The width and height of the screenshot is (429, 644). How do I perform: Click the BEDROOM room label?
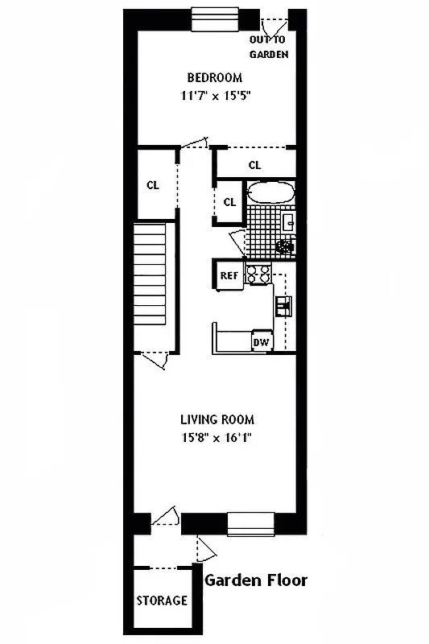click(x=214, y=78)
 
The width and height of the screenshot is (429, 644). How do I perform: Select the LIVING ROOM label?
click(x=217, y=419)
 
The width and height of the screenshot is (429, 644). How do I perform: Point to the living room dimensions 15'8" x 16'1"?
click(x=217, y=439)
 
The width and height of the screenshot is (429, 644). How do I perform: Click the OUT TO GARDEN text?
click(x=268, y=47)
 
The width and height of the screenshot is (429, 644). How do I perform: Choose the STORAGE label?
click(x=162, y=601)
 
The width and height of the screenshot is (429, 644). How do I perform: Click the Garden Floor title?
click(x=256, y=580)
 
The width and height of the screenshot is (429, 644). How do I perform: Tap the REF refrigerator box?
click(x=229, y=275)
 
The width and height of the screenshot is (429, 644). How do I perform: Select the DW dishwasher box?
click(x=261, y=342)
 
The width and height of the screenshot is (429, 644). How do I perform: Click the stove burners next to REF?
click(x=258, y=274)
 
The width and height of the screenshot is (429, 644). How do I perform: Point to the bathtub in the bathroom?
click(x=270, y=193)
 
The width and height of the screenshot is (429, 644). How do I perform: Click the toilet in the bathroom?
click(x=284, y=246)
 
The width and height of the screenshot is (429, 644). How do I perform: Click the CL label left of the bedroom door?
click(x=153, y=184)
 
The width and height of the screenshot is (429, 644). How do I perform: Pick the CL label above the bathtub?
click(x=254, y=165)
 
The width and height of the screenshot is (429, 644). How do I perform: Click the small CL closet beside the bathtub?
click(x=229, y=202)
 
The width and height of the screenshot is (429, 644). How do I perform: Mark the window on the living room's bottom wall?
click(x=252, y=523)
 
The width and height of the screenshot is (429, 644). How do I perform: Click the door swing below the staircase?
click(x=156, y=360)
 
